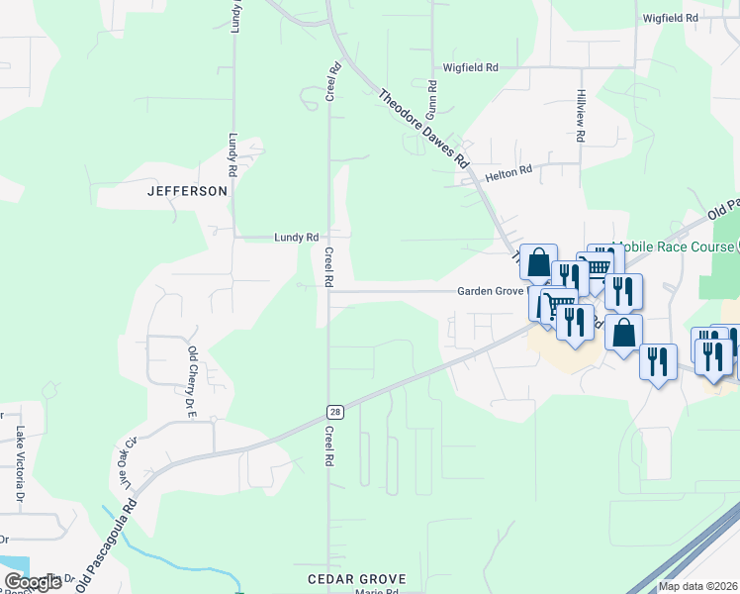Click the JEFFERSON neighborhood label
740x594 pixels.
tap(187, 191)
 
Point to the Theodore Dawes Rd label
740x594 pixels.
tap(422, 128)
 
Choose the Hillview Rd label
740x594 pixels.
tap(581, 109)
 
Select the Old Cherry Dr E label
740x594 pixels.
tap(193, 368)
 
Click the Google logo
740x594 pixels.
tap(33, 582)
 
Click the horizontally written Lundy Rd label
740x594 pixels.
tap(297, 238)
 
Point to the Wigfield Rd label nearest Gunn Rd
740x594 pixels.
tap(470, 67)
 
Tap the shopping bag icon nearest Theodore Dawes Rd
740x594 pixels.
tap(538, 263)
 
